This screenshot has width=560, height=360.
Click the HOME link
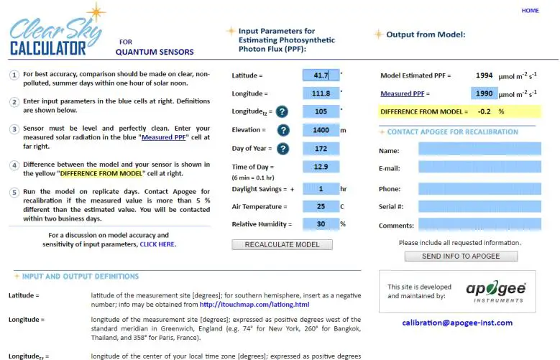(530, 11)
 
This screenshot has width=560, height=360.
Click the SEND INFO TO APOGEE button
(461, 256)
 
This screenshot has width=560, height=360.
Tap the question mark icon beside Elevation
(283, 130)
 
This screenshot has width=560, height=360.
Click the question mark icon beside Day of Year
(283, 149)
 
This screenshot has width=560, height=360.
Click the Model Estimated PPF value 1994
(484, 75)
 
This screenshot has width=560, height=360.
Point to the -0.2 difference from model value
(484, 111)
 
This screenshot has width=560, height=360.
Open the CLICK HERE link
(157, 244)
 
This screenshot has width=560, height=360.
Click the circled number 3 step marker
(14, 129)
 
